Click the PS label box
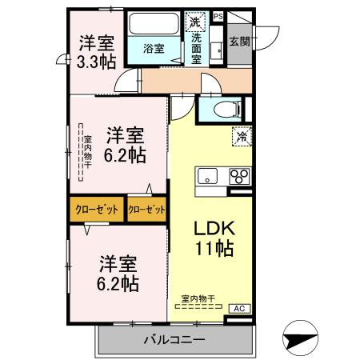tap(218, 17)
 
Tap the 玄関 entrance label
tap(240, 42)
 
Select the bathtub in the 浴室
tap(154, 23)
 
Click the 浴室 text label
tap(154, 49)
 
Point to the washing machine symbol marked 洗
tap(195, 22)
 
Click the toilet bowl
tap(226, 110)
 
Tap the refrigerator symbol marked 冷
tap(242, 137)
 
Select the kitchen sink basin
tap(207, 176)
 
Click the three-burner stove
tap(240, 176)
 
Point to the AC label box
tap(240, 308)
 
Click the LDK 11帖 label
tap(214, 238)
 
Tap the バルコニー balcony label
tap(174, 340)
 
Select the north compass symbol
tap(300, 338)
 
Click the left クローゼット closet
tap(97, 210)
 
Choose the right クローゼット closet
tap(146, 210)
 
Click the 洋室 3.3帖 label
tap(96, 52)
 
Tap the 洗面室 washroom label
tap(197, 49)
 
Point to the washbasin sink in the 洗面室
tap(216, 51)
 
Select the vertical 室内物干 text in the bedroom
tap(88, 152)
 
